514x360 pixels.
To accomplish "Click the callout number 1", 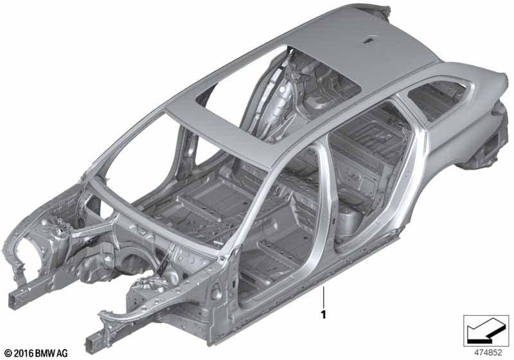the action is tap(324, 314).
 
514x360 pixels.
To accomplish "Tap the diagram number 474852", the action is tap(488, 353).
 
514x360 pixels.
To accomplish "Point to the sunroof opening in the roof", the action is tap(279, 92).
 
